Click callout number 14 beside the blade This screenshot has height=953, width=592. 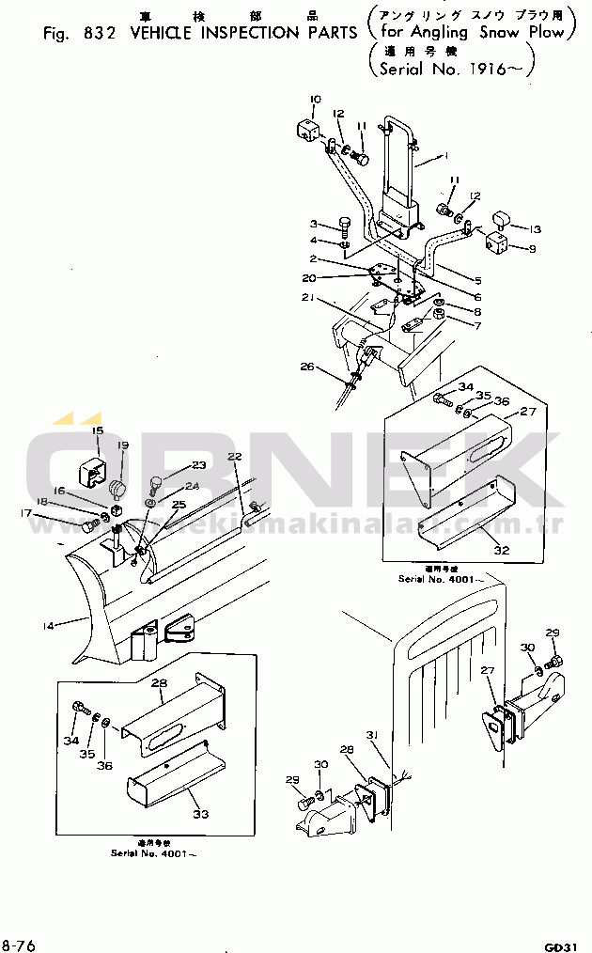click(47, 621)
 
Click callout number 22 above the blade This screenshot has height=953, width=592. click(234, 456)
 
